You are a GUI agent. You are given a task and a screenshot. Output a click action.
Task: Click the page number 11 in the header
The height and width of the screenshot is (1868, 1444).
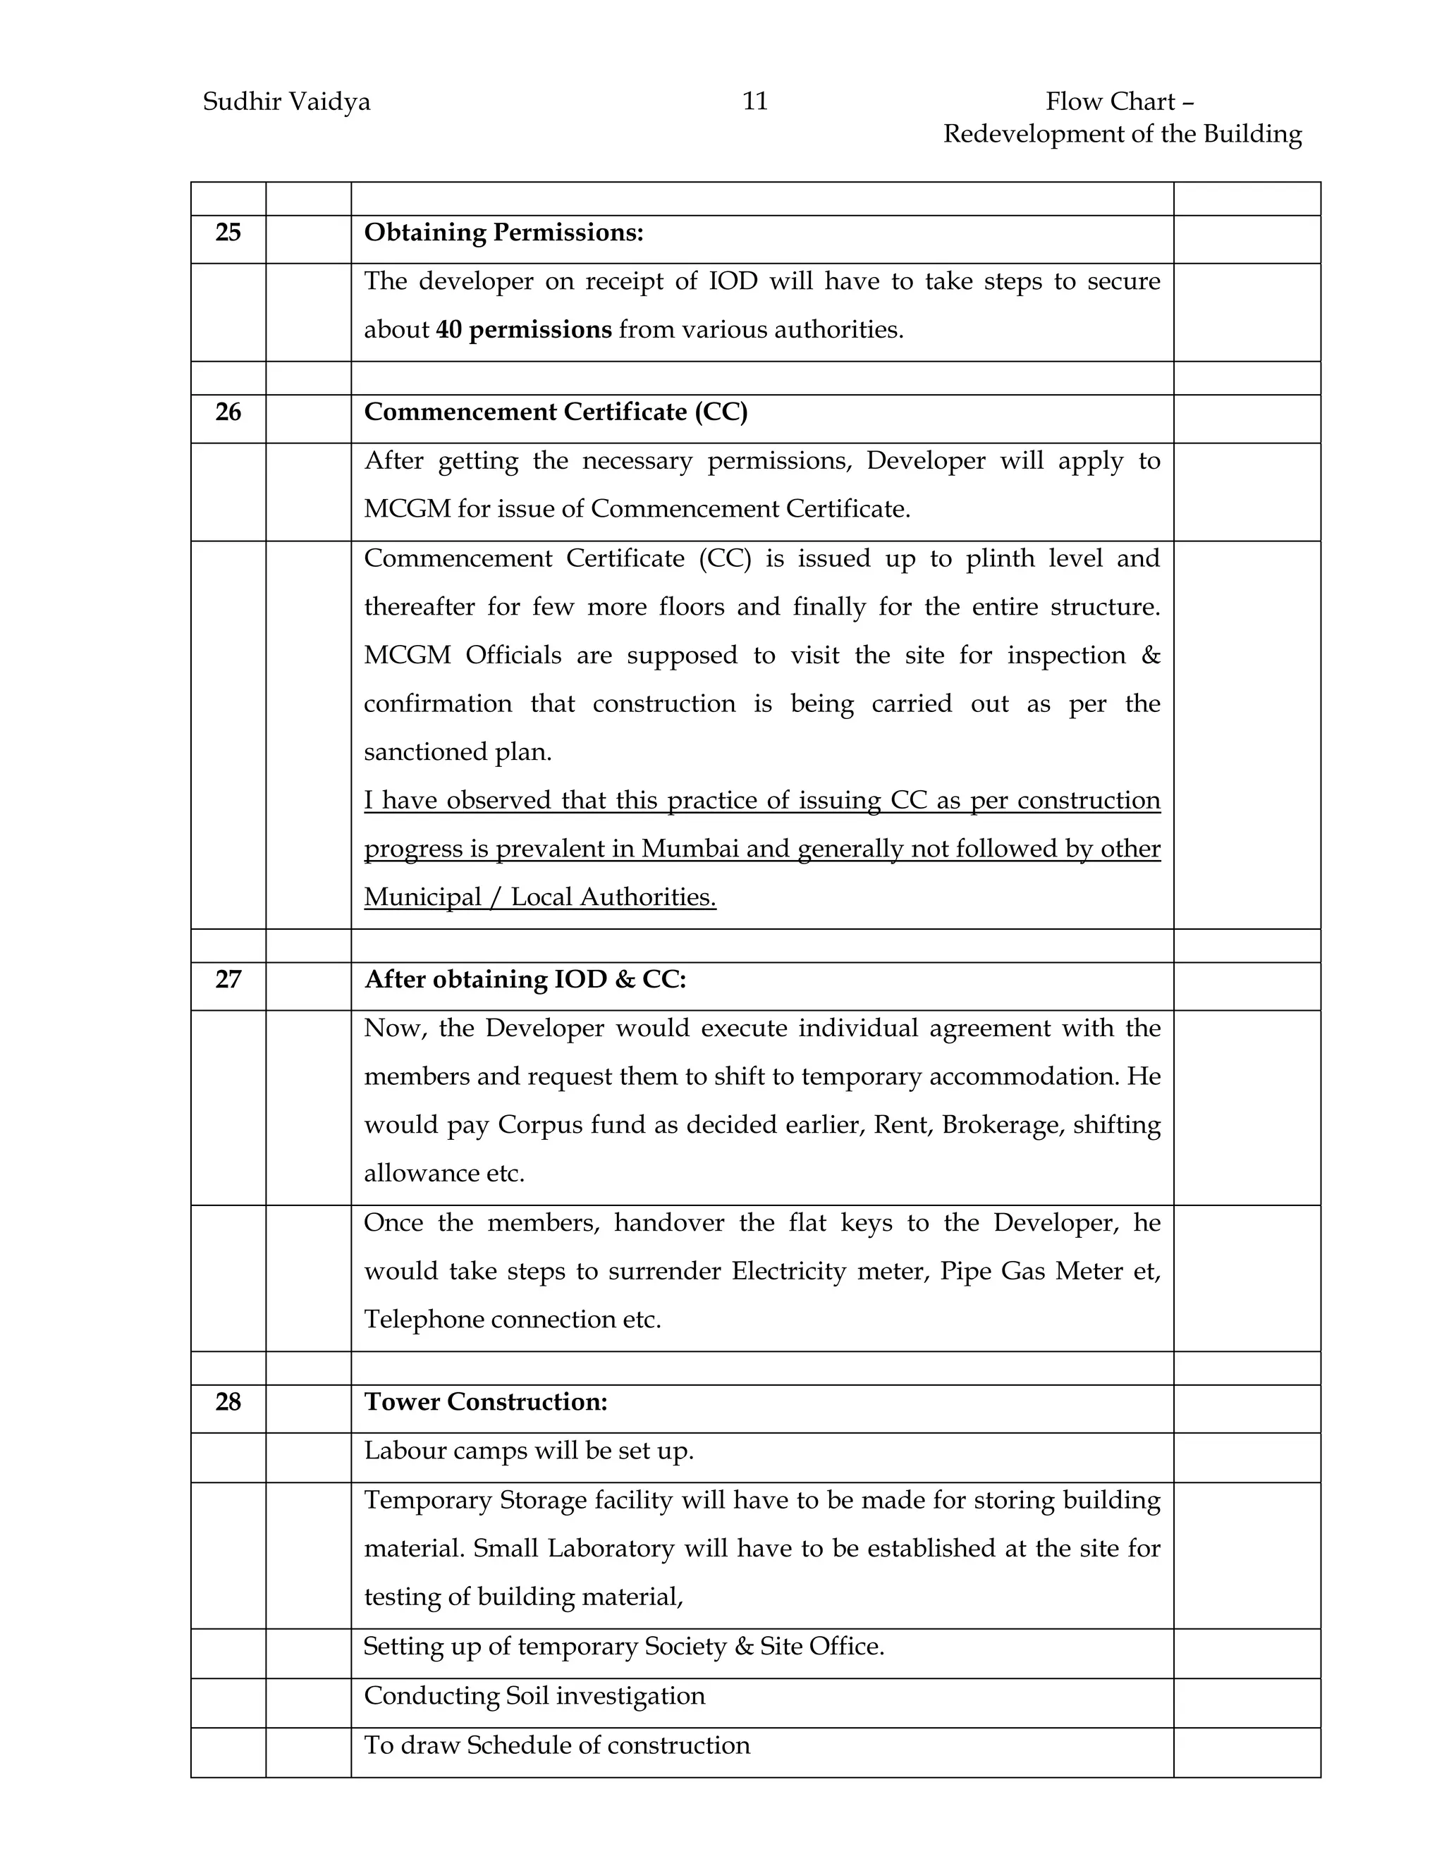coord(754,102)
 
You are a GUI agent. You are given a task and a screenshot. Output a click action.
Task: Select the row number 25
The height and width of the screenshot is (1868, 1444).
coord(228,233)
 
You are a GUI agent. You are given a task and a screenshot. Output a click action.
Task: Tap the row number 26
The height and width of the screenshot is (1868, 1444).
coord(228,412)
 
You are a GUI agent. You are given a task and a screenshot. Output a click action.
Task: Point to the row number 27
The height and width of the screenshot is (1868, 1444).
coord(228,979)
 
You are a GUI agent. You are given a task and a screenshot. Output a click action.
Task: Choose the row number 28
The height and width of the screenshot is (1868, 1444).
coord(228,1402)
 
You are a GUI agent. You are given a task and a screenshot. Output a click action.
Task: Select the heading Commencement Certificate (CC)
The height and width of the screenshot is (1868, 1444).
coord(555,412)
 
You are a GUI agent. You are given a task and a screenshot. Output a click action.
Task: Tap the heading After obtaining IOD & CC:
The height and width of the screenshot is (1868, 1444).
coord(525,979)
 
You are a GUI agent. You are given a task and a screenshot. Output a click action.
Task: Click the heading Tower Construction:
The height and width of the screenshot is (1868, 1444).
coord(485,1402)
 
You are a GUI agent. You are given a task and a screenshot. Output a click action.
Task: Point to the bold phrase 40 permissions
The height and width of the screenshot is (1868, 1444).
coord(524,330)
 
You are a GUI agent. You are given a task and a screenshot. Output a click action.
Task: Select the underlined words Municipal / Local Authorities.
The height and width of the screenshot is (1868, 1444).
coord(540,897)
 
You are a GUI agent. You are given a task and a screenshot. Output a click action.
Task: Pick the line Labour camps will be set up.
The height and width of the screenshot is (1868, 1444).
coord(529,1451)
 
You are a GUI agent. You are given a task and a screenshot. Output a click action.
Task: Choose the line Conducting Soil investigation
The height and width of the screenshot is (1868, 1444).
coord(534,1696)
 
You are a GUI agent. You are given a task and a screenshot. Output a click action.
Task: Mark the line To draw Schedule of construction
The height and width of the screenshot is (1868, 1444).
coord(557,1745)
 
